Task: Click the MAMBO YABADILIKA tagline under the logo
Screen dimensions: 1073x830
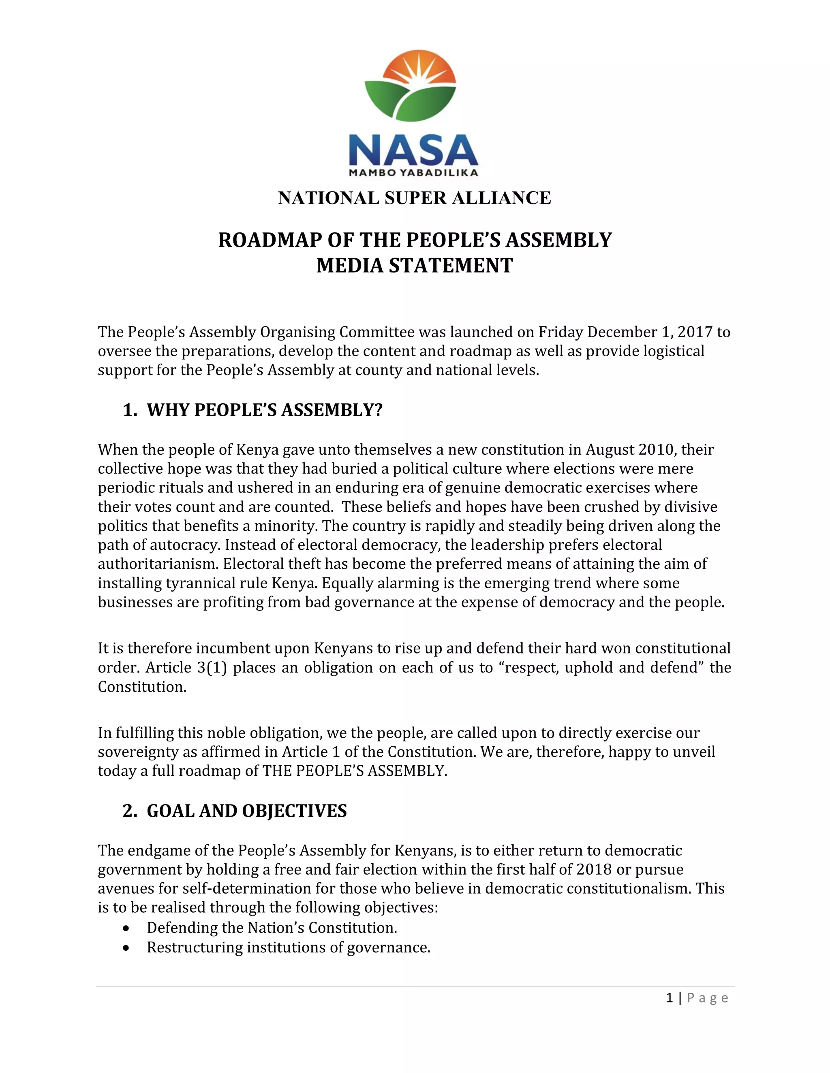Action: tap(413, 173)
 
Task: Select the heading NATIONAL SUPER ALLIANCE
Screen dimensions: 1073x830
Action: tap(415, 198)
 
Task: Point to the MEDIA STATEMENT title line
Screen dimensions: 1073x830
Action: tap(415, 266)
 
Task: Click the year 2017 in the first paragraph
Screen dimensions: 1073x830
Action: tap(695, 332)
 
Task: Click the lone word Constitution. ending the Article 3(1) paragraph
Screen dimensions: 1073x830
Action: tap(142, 687)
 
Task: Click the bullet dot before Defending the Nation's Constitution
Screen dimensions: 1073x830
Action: tap(127, 928)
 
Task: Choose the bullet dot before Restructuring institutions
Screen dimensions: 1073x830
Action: tap(127, 948)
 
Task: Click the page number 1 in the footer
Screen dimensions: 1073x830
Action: tap(669, 998)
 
